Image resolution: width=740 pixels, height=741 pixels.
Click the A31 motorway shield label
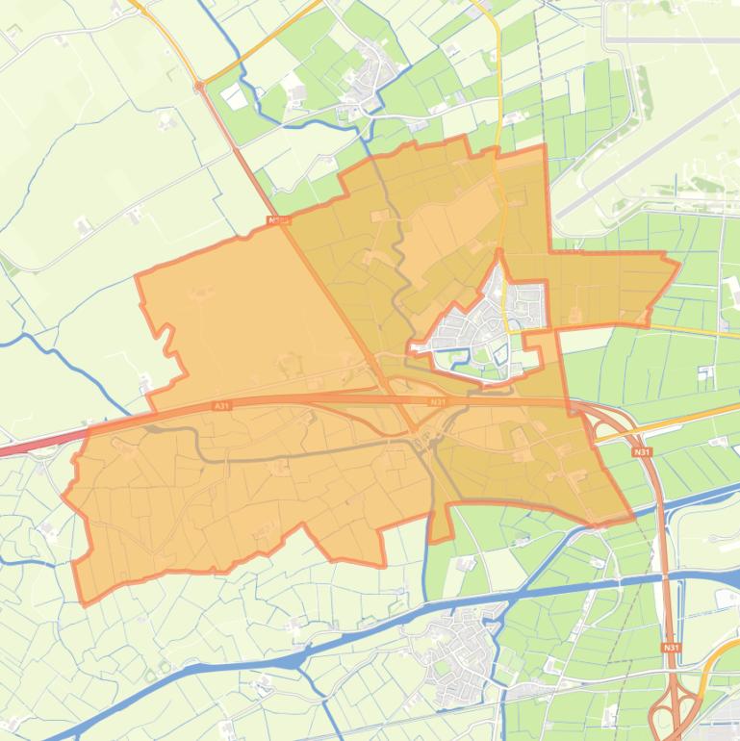tap(222, 407)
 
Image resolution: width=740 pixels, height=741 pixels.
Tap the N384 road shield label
tap(280, 220)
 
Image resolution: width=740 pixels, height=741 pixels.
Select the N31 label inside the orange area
tap(438, 401)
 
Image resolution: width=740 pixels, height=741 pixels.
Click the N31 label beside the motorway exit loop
tap(642, 450)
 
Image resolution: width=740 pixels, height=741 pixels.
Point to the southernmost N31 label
tap(671, 648)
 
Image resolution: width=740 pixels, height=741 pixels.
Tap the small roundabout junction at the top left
tap(199, 87)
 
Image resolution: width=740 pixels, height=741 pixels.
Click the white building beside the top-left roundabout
tap(234, 96)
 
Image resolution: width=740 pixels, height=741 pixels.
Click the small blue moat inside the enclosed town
tap(499, 357)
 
